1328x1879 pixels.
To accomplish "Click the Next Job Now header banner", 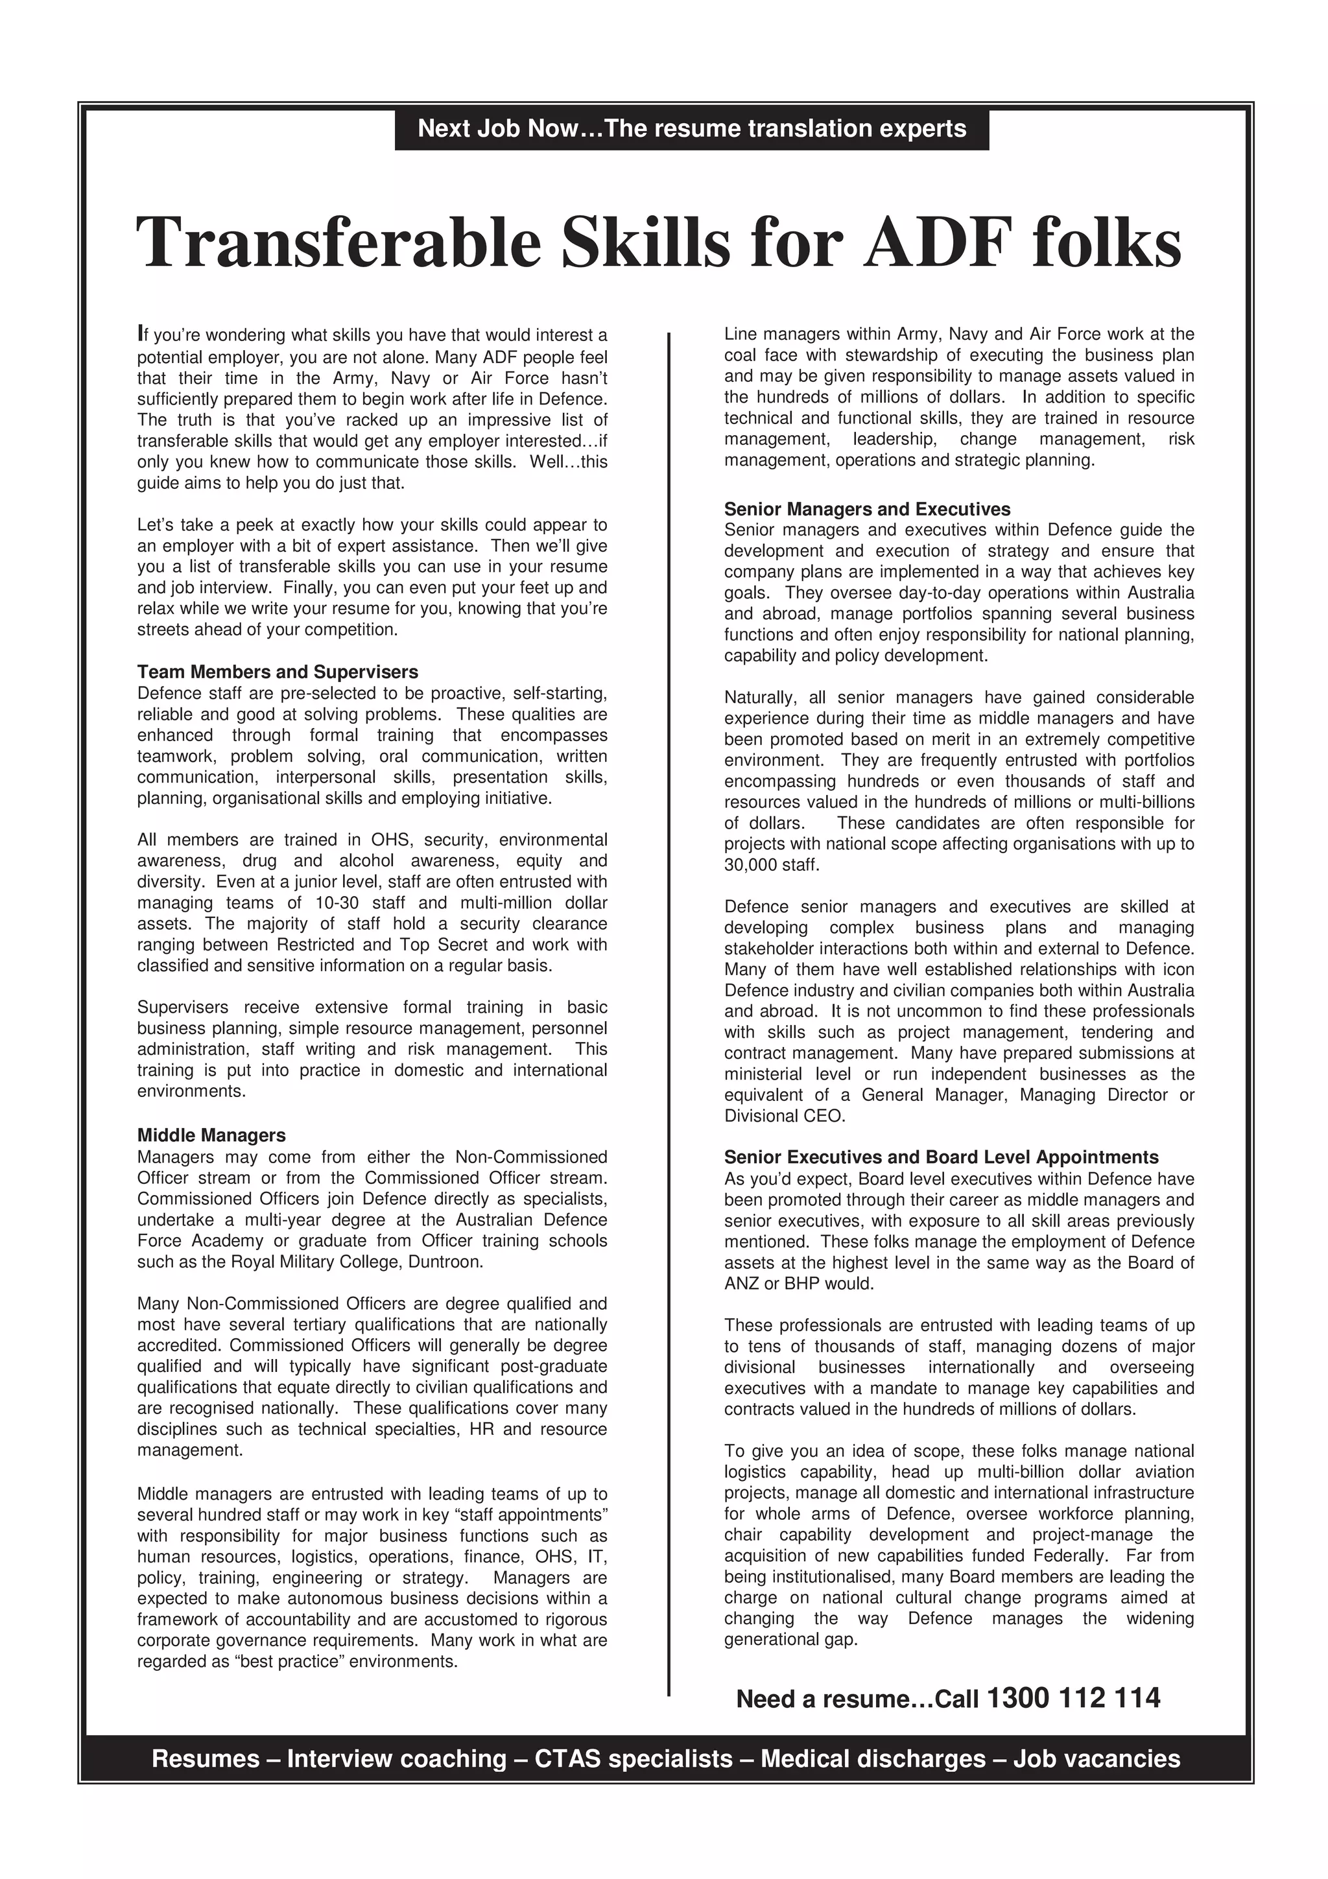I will point(691,129).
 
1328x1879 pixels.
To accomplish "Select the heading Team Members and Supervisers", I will point(278,672).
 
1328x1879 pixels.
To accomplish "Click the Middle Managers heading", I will point(211,1135).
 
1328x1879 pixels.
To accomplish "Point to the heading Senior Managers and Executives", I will point(866,509).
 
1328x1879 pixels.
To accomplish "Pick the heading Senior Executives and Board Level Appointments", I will point(941,1157).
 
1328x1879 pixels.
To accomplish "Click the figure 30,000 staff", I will point(771,865).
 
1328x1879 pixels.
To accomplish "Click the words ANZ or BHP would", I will point(799,1283).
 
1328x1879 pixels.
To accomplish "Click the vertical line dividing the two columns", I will point(669,982).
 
